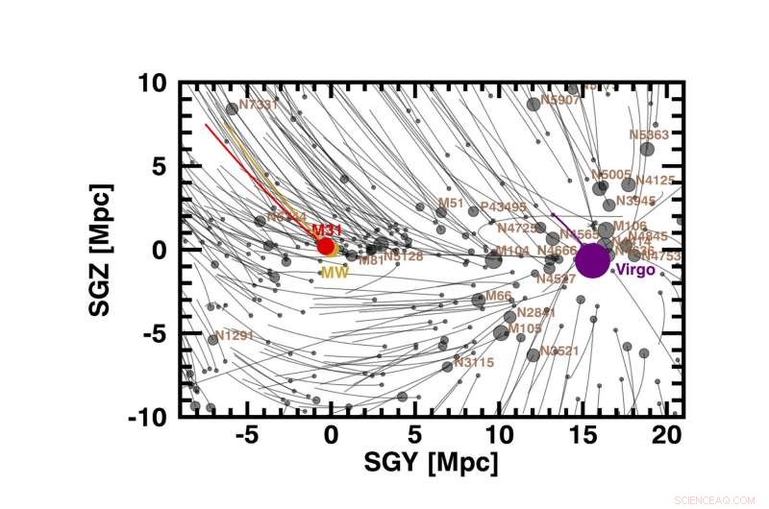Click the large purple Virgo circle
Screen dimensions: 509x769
pos(591,260)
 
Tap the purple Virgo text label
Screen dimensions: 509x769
pos(635,271)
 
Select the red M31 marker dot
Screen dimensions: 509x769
pos(326,246)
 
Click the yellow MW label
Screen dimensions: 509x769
pos(334,273)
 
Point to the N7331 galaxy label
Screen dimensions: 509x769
pos(258,104)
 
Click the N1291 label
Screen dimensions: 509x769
pos(234,336)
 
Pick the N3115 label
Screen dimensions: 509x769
pos(475,363)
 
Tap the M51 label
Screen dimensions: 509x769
pos(451,204)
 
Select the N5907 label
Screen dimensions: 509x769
pos(561,100)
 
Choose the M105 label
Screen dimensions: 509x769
pos(525,328)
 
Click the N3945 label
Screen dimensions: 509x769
pos(635,201)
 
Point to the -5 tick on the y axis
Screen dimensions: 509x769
pos(153,333)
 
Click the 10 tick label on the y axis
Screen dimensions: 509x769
pos(152,83)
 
